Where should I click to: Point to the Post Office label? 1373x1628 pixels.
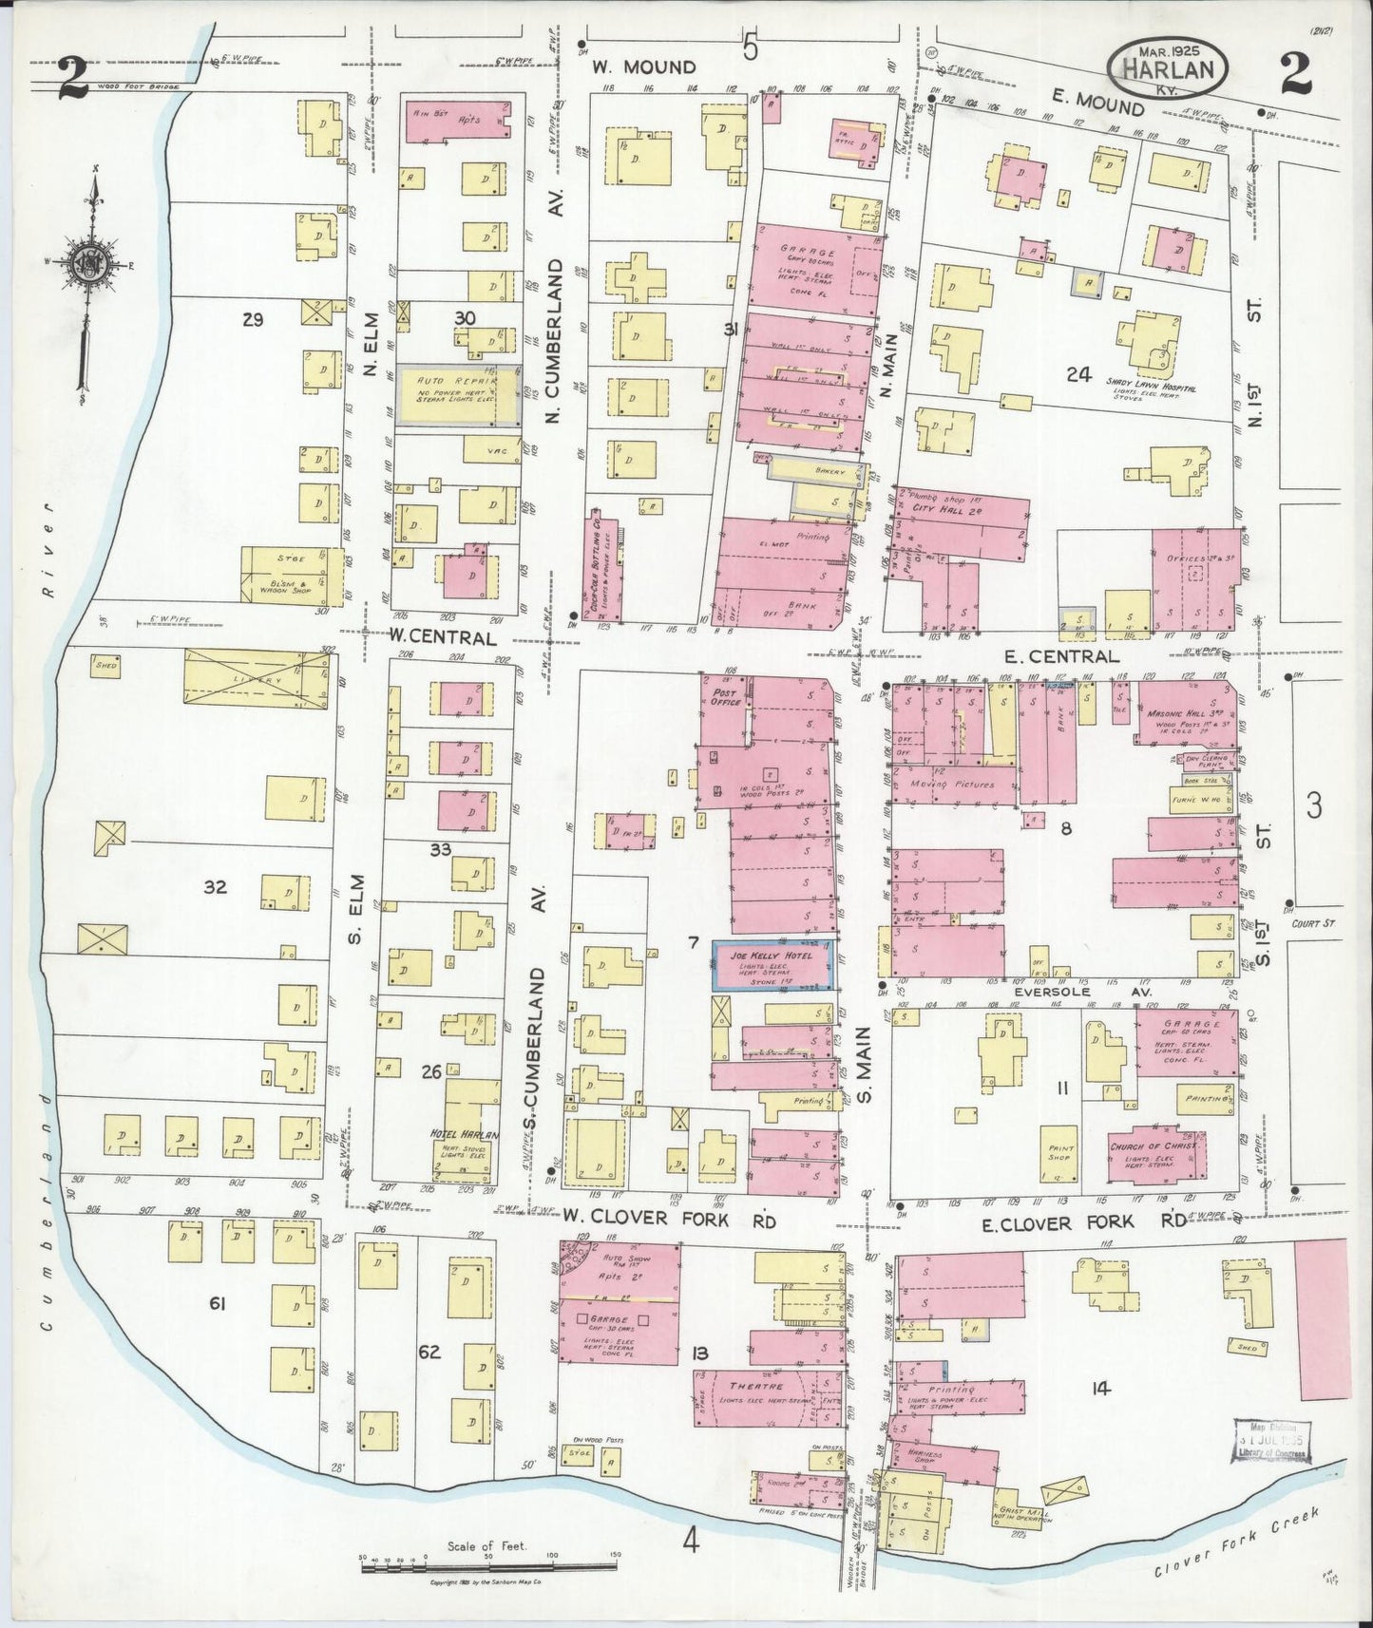tap(724, 696)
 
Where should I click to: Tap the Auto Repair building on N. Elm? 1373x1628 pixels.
tap(458, 394)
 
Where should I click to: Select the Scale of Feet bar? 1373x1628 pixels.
tap(488, 1561)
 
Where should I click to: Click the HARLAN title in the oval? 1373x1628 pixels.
tap(1167, 69)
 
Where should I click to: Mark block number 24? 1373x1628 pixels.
tap(1077, 374)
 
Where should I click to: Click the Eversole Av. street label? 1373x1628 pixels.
tap(1082, 992)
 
